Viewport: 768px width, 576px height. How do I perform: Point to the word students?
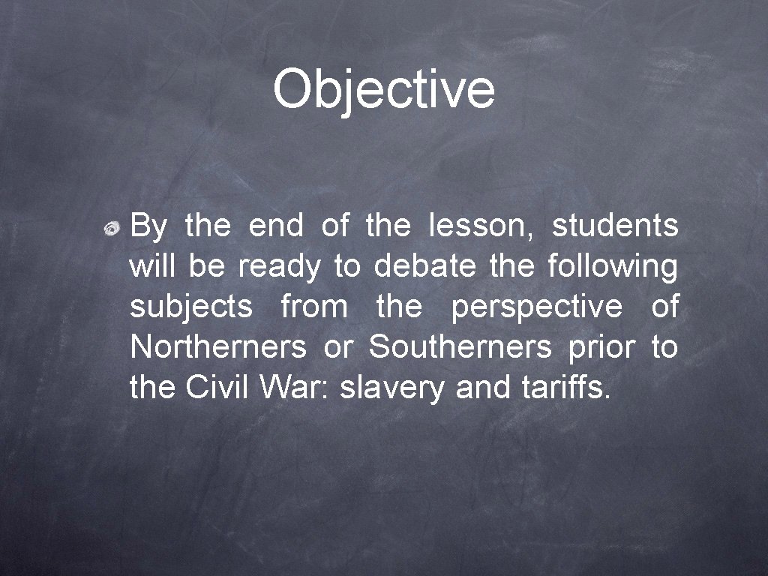pos(615,226)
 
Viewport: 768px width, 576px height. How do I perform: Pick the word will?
pos(153,266)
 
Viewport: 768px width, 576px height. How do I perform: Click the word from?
pos(313,307)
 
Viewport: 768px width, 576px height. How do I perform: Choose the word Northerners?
pos(218,347)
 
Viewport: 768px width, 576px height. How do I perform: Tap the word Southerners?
pos(460,347)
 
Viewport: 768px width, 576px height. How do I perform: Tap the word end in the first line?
pos(276,226)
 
